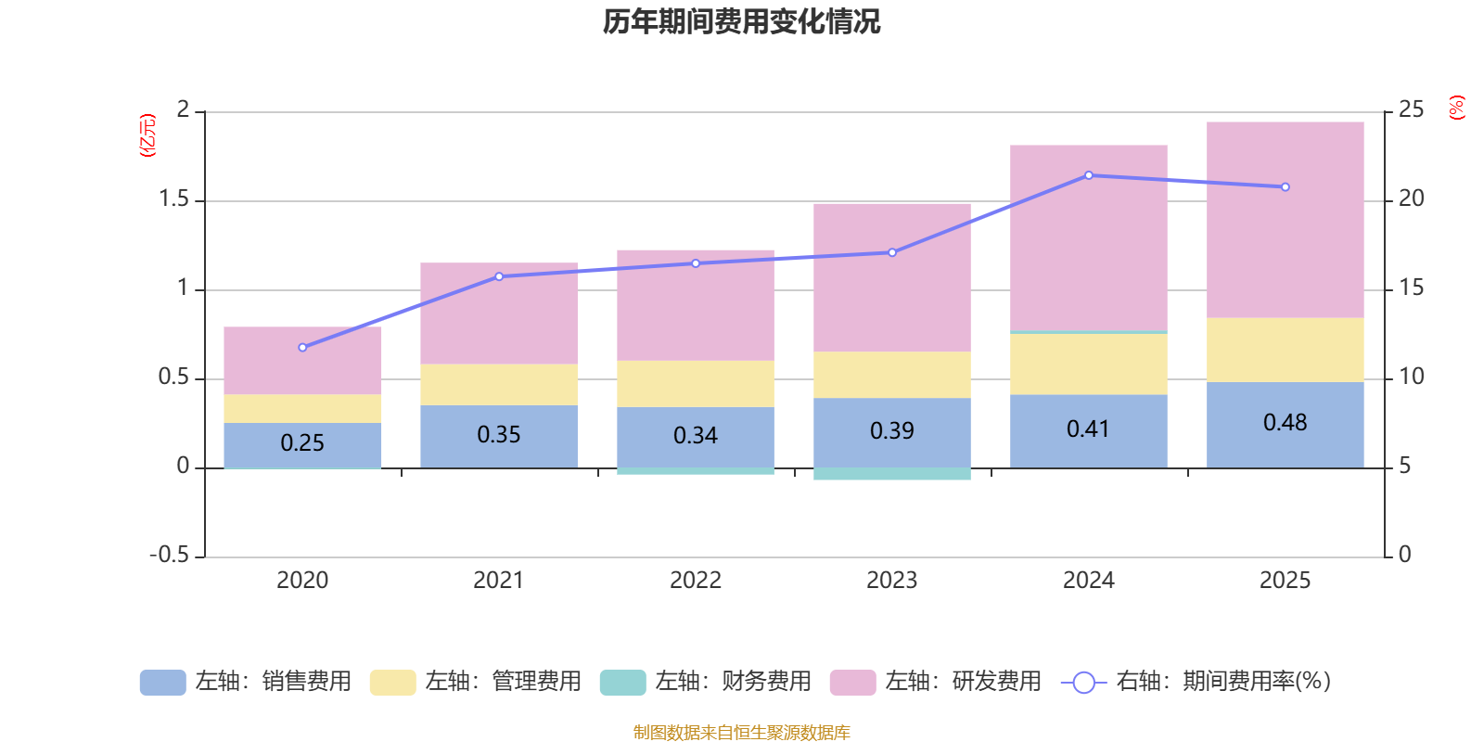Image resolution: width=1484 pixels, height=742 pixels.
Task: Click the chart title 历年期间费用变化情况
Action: click(741, 21)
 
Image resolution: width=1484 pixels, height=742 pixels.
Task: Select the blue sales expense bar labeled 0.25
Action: click(302, 444)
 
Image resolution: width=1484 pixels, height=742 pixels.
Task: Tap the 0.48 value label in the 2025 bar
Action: click(1285, 423)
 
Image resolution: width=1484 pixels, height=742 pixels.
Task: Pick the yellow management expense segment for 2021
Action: click(498, 385)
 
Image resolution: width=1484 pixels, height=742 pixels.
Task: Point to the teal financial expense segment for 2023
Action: click(891, 474)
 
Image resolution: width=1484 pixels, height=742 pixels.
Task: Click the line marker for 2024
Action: click(1089, 175)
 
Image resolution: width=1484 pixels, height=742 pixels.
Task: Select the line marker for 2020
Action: click(302, 348)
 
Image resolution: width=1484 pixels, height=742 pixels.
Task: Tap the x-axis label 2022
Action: click(695, 581)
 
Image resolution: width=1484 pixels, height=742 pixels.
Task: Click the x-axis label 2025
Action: click(1285, 581)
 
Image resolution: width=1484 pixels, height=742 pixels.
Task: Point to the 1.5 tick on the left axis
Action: click(173, 199)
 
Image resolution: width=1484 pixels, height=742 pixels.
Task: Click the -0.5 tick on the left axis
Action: click(170, 555)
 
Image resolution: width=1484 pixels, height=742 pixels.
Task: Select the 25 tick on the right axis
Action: click(1411, 110)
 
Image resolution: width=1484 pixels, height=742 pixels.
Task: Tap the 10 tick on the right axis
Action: click(1411, 377)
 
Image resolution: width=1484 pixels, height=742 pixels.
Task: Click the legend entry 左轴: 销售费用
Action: click(246, 682)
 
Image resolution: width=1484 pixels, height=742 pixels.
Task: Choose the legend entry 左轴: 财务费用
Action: click(706, 682)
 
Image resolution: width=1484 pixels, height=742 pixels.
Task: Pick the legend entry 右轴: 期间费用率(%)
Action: click(1196, 682)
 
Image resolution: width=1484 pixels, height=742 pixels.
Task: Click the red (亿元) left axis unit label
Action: click(147, 135)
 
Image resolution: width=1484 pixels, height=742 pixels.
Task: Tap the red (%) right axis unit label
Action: click(1457, 108)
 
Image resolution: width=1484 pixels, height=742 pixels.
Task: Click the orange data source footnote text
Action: click(741, 733)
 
